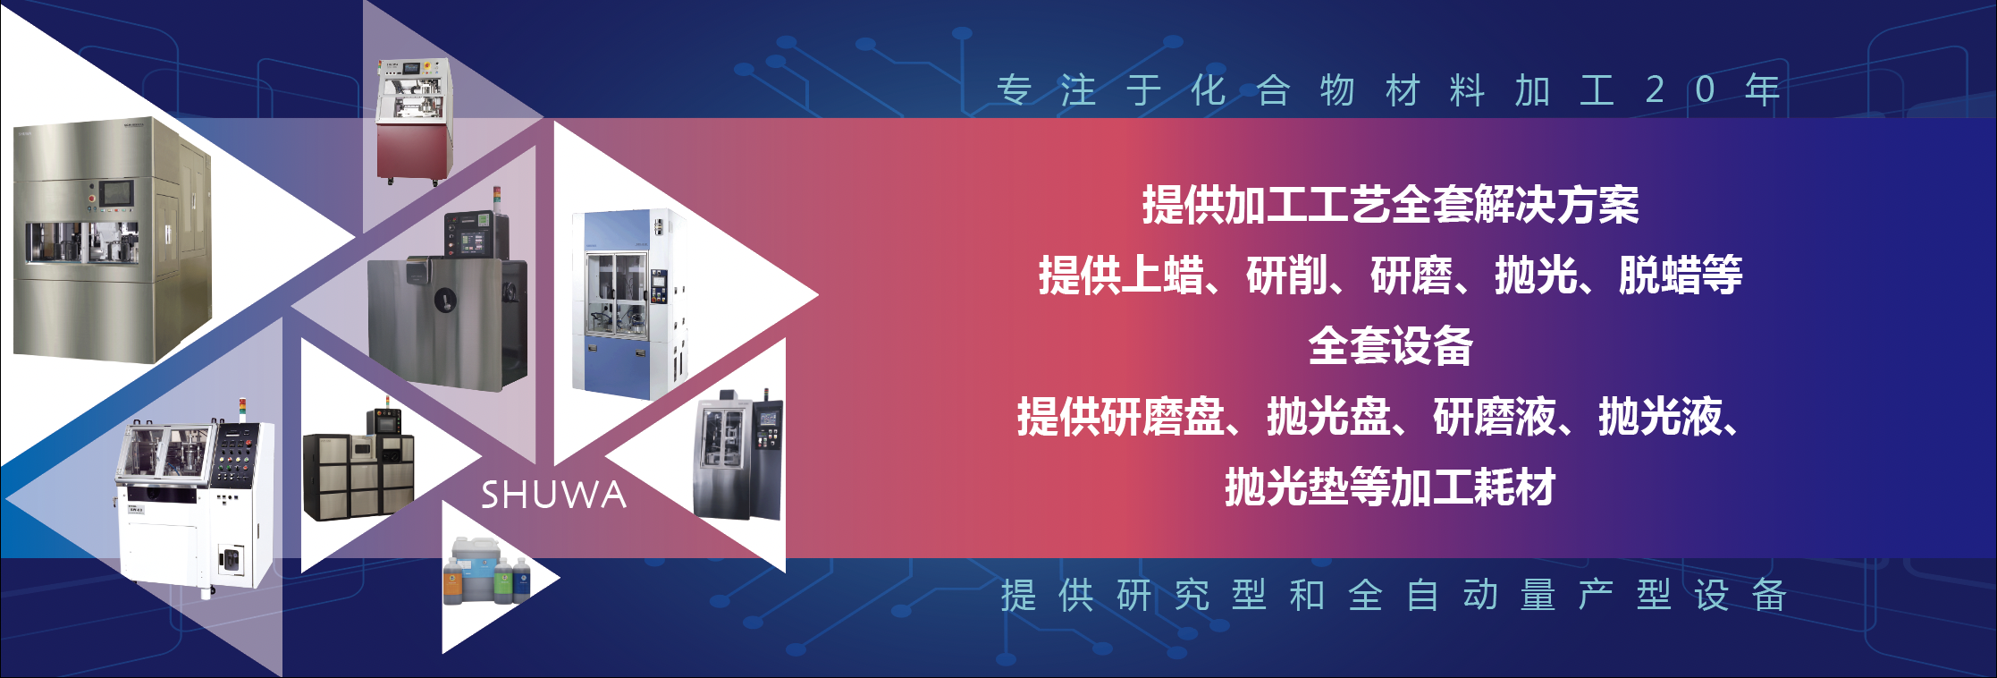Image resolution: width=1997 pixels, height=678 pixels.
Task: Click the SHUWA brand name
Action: coord(553,495)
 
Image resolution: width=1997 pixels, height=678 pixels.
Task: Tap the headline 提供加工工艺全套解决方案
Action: coord(1390,206)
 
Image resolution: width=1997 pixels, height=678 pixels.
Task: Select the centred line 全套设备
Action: coord(1390,346)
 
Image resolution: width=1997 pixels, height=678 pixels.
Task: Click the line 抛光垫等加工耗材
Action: coord(1390,487)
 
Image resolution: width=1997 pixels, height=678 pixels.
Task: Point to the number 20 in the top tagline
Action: coord(1681,89)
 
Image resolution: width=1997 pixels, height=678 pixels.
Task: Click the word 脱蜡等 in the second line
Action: coord(1681,275)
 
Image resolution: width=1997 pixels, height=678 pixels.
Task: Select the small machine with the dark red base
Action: coord(414,122)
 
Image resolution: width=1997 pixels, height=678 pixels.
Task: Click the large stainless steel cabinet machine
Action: coord(112,239)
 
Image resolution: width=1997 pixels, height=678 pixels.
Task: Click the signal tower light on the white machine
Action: coord(241,410)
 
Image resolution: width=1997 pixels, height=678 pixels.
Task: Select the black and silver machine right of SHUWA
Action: coord(738,454)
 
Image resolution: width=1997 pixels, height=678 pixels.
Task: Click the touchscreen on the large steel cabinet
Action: coord(116,192)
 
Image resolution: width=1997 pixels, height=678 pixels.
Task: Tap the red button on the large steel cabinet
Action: coord(91,195)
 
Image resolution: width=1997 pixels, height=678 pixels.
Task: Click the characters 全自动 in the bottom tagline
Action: coord(1423,596)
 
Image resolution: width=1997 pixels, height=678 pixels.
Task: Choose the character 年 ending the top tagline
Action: coord(1763,89)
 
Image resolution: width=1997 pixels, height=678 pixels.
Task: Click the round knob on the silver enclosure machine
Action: coord(442,298)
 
